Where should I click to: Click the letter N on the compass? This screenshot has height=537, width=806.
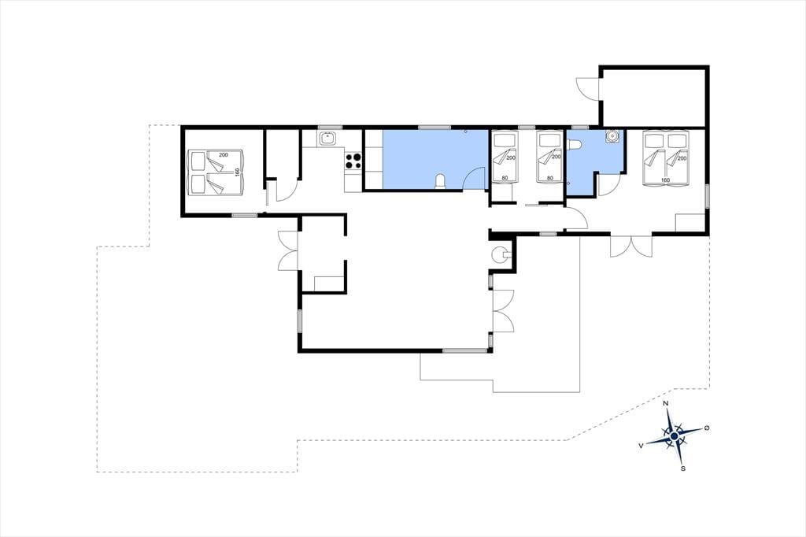[666, 403]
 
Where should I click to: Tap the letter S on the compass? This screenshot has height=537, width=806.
[683, 468]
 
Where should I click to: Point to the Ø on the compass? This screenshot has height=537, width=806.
[707, 428]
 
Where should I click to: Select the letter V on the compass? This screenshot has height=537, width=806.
[641, 446]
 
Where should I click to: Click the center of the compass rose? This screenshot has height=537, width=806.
[674, 436]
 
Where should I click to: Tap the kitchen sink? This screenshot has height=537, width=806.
[327, 139]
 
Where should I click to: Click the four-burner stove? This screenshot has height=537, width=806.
[353, 161]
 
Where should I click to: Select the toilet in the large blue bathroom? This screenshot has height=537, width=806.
[440, 182]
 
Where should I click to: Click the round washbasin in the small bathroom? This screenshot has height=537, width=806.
[612, 135]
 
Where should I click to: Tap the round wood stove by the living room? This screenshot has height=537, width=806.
[498, 254]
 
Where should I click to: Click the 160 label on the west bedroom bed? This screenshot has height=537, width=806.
[238, 172]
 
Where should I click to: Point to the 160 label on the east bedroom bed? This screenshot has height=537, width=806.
[665, 180]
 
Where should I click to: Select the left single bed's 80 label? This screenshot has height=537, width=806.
[504, 179]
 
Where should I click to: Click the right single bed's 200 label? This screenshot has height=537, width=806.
[556, 157]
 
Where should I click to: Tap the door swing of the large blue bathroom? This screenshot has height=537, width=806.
[475, 179]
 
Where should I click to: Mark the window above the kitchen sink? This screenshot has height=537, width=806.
[330, 127]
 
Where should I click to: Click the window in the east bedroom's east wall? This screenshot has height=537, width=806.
[708, 196]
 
